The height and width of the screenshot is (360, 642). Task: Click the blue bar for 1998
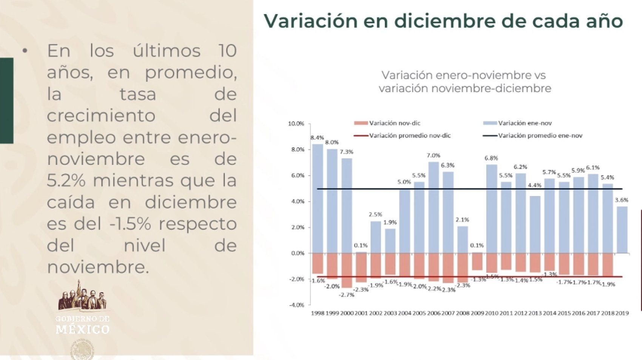pyautogui.click(x=318, y=198)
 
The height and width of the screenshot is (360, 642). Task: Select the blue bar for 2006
pyautogui.click(x=434, y=208)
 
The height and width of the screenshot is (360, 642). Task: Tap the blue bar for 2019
pyautogui.click(x=622, y=229)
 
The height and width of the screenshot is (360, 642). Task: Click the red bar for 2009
pyautogui.click(x=477, y=262)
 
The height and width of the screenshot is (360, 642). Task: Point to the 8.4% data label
pyautogui.click(x=317, y=138)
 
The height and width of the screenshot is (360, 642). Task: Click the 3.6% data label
pyautogui.click(x=622, y=200)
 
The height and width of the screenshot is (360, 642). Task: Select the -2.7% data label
pyautogui.click(x=346, y=295)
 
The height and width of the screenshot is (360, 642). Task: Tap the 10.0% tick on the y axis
pyautogui.click(x=296, y=124)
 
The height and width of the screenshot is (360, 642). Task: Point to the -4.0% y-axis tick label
pyautogui.click(x=296, y=305)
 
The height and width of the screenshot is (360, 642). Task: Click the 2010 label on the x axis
pyautogui.click(x=492, y=313)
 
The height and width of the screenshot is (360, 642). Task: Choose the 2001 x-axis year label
pyautogui.click(x=361, y=313)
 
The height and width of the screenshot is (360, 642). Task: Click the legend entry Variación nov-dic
pyautogui.click(x=394, y=123)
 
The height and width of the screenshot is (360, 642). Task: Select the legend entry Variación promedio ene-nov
pyautogui.click(x=540, y=135)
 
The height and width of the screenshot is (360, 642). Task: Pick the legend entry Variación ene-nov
pyautogui.click(x=525, y=123)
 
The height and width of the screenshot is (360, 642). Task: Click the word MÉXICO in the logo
pyautogui.click(x=83, y=329)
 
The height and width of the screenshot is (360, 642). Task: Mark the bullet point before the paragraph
pyautogui.click(x=25, y=51)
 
